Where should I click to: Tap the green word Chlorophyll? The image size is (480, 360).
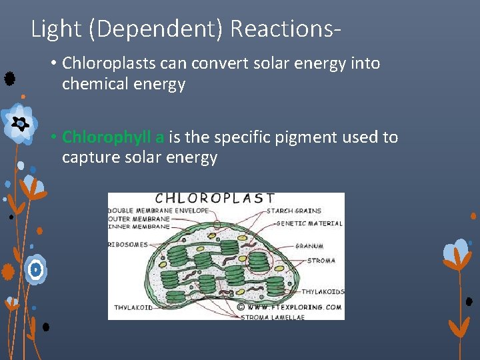pos(107,137)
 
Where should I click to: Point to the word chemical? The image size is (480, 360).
pos(92,84)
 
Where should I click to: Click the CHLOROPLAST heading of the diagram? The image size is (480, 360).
pos(215,198)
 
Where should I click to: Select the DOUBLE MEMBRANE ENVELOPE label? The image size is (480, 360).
pos(159,210)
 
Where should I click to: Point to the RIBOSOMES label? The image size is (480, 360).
pos(128,245)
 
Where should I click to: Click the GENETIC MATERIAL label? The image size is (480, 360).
pos(309,223)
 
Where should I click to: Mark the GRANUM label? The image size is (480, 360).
pos(310,246)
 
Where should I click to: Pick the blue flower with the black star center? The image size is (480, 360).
pos(19,123)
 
